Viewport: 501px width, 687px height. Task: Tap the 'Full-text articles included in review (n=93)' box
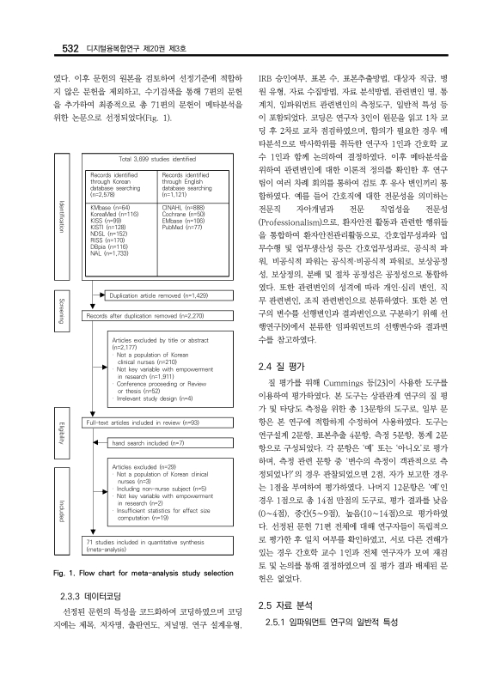point(144,423)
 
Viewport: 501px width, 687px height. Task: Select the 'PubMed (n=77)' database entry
point(180,227)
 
